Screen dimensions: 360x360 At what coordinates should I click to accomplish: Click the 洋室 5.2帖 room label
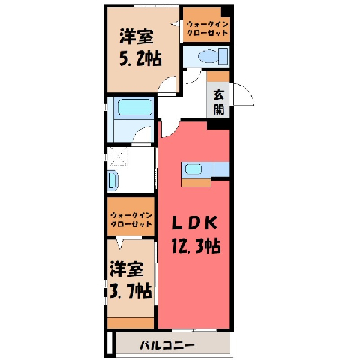coord(140,48)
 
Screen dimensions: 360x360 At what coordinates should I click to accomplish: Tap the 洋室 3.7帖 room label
coord(130,280)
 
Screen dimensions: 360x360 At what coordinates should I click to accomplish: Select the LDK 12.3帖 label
coord(196,235)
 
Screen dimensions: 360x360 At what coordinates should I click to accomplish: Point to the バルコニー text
coord(167,346)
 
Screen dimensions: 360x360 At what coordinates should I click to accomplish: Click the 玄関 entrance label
coord(219,102)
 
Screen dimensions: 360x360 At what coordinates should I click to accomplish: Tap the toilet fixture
coord(213,56)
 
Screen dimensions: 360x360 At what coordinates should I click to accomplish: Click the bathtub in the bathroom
coord(135,107)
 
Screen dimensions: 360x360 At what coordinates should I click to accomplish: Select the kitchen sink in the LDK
coord(193,169)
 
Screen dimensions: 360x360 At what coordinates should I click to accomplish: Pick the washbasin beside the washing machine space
coord(112,181)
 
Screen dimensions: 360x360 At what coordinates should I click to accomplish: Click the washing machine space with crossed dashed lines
coord(118,157)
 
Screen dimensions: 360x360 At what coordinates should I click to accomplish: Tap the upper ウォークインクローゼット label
coord(208,28)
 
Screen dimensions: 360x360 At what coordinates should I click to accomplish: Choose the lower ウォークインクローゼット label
coord(131,220)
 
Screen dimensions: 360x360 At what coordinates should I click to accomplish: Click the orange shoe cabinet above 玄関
coord(218,76)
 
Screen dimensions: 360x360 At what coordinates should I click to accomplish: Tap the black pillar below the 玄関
coord(218,124)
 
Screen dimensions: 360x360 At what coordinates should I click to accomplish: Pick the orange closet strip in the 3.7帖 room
coord(130,322)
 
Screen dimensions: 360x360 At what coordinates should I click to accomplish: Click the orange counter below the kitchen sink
coord(196,183)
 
